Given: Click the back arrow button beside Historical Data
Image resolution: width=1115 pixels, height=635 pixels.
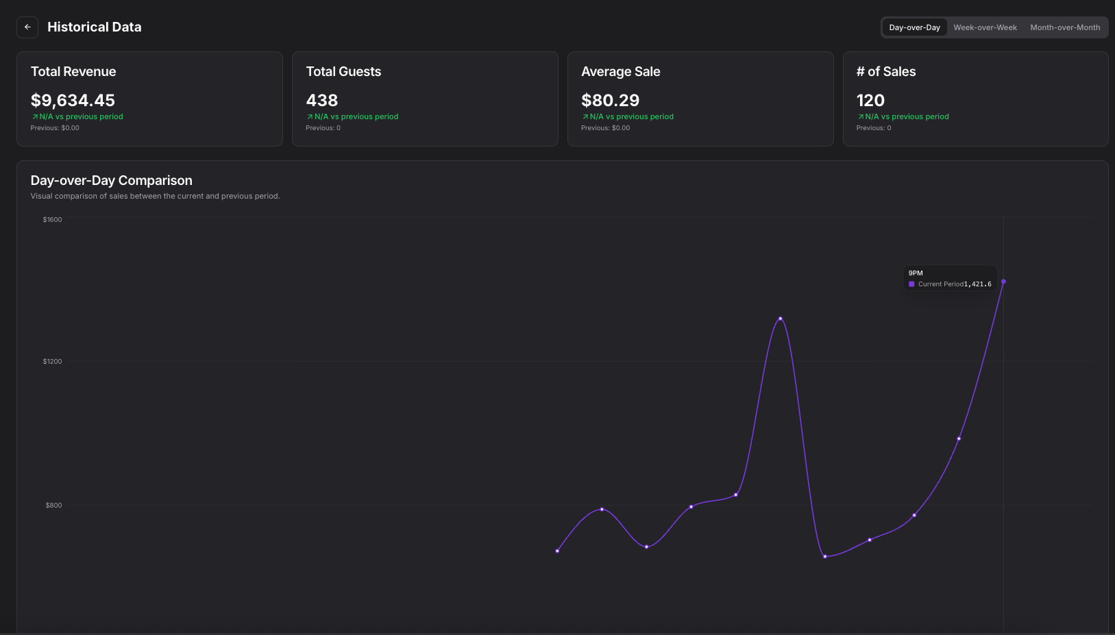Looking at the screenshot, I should (27, 27).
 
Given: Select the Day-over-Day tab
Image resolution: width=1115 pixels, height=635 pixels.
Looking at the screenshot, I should (914, 27).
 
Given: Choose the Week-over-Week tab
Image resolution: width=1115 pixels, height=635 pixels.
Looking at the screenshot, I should (985, 27).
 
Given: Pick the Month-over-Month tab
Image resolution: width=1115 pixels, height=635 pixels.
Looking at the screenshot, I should (1065, 27).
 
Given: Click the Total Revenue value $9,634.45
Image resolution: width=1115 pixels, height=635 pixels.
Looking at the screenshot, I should (73, 101).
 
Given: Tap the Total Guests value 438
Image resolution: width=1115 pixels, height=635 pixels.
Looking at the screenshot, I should (322, 101).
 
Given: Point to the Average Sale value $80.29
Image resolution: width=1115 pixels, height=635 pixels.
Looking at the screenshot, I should (610, 101).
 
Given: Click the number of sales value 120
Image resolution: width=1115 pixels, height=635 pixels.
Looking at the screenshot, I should (870, 101).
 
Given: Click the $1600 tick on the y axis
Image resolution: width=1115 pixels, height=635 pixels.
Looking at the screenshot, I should (52, 220).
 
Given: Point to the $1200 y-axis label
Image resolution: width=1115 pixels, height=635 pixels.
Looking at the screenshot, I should (52, 362).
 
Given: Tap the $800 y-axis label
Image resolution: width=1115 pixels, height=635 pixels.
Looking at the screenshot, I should (53, 506).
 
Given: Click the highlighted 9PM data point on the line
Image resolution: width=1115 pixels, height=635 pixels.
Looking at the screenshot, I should (1003, 282).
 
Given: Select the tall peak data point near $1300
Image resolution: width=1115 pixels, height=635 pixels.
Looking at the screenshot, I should (780, 319).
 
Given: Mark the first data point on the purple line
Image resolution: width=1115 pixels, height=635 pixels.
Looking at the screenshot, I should (557, 551).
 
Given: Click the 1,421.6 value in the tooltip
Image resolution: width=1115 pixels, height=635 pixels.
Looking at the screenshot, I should (977, 284).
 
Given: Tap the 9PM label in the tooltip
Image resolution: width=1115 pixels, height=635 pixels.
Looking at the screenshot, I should (916, 273).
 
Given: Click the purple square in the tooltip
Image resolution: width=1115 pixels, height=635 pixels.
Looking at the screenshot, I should (911, 284).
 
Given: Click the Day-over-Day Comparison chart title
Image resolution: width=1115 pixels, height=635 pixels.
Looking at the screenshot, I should (111, 181).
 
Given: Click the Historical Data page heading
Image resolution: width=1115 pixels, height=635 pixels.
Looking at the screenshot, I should (94, 27).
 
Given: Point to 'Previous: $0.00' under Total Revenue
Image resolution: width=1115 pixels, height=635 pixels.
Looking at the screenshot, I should (55, 128).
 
